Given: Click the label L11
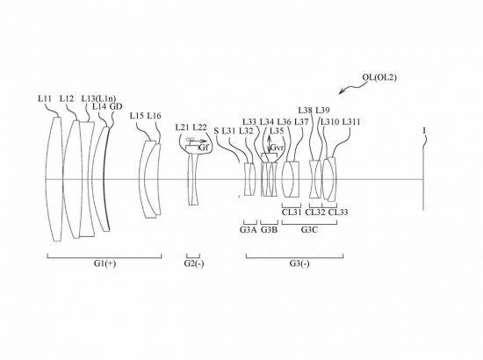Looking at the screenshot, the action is pyautogui.click(x=45, y=98).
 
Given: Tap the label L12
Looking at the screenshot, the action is pyautogui.click(x=67, y=98).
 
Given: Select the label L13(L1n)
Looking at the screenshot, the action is pyautogui.click(x=98, y=98).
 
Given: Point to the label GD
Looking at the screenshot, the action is pyautogui.click(x=116, y=106).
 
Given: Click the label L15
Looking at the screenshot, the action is pyautogui.click(x=137, y=116).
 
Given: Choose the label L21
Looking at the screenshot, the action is pyautogui.click(x=183, y=127).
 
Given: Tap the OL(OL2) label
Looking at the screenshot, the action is pyautogui.click(x=379, y=77).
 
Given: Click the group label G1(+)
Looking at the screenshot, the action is pyautogui.click(x=105, y=263).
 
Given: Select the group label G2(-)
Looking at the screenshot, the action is pyautogui.click(x=194, y=263).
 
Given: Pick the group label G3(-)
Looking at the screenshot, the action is pyautogui.click(x=299, y=263).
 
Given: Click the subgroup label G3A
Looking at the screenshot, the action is pyautogui.click(x=249, y=230).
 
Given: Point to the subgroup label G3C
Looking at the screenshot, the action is pyautogui.click(x=309, y=230).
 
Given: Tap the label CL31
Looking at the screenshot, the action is pyautogui.click(x=292, y=212).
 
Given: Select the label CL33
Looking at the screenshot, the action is pyautogui.click(x=338, y=212).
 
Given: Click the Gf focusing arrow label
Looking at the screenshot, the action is pyautogui.click(x=204, y=148).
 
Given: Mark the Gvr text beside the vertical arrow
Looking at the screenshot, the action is pyautogui.click(x=276, y=148).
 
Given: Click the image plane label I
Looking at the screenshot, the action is pyautogui.click(x=424, y=131).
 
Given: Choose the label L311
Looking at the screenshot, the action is pyautogui.click(x=351, y=122).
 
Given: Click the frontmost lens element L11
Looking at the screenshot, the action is pyautogui.click(x=54, y=179).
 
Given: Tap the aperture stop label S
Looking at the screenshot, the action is pyautogui.click(x=216, y=131).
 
